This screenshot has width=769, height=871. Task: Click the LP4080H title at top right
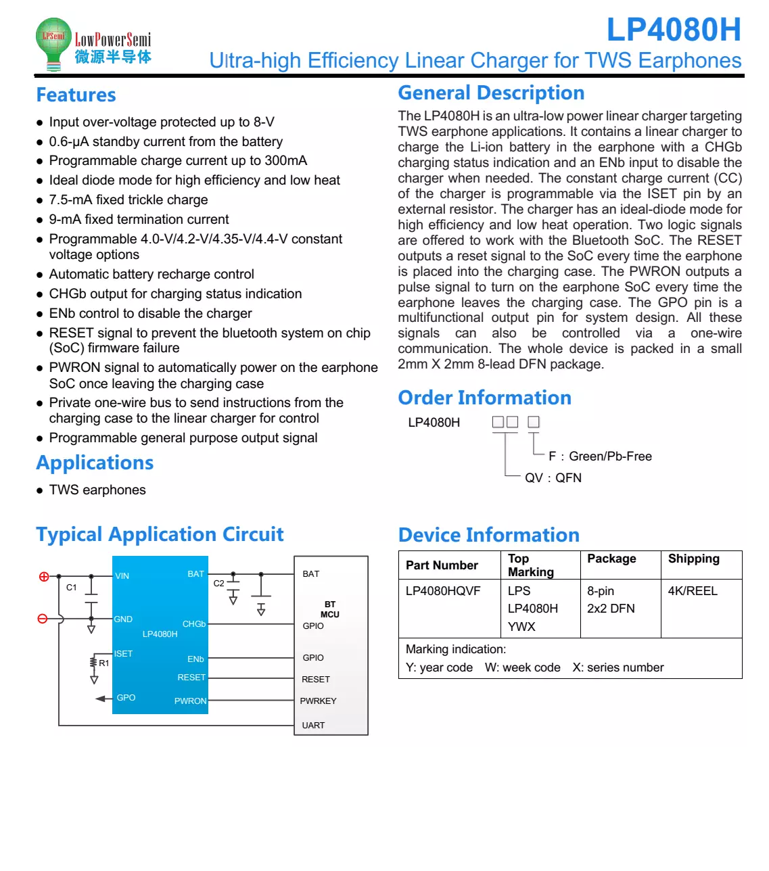674,30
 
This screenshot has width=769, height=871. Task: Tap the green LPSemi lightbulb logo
53,42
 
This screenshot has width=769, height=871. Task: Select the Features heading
76,95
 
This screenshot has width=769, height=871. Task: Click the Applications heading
95,463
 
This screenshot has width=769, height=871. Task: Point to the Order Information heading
484,398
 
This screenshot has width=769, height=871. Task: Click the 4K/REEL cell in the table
693,591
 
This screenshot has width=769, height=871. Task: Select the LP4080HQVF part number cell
443,591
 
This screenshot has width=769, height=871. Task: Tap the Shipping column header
694,559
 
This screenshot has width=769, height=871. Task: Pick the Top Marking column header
531,565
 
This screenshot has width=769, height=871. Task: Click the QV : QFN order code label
553,478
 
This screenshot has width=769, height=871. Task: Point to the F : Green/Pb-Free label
600,456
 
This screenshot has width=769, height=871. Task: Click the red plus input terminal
44,577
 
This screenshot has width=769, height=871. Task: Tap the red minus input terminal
43,619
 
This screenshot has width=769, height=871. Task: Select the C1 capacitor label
72,588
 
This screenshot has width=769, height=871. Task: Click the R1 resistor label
103,663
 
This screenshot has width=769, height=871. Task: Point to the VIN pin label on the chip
122,576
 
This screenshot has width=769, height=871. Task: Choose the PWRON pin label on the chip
190,701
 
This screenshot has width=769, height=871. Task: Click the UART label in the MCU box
313,726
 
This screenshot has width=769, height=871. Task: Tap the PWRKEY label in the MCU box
318,701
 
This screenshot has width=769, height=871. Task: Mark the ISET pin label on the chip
123,654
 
